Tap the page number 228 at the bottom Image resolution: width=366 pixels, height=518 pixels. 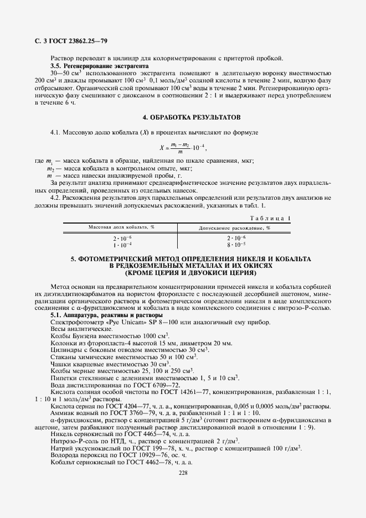click(183, 472)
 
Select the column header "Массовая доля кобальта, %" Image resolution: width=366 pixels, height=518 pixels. click(121, 227)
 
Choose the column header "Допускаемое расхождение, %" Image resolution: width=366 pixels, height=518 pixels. click(234, 227)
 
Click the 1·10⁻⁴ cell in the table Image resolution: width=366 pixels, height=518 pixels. click(122, 244)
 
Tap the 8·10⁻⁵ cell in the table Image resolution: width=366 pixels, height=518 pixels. click(235, 244)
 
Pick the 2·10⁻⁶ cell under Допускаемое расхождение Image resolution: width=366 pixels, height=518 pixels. click(235, 237)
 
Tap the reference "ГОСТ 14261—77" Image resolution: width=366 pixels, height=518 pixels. click(188, 392)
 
